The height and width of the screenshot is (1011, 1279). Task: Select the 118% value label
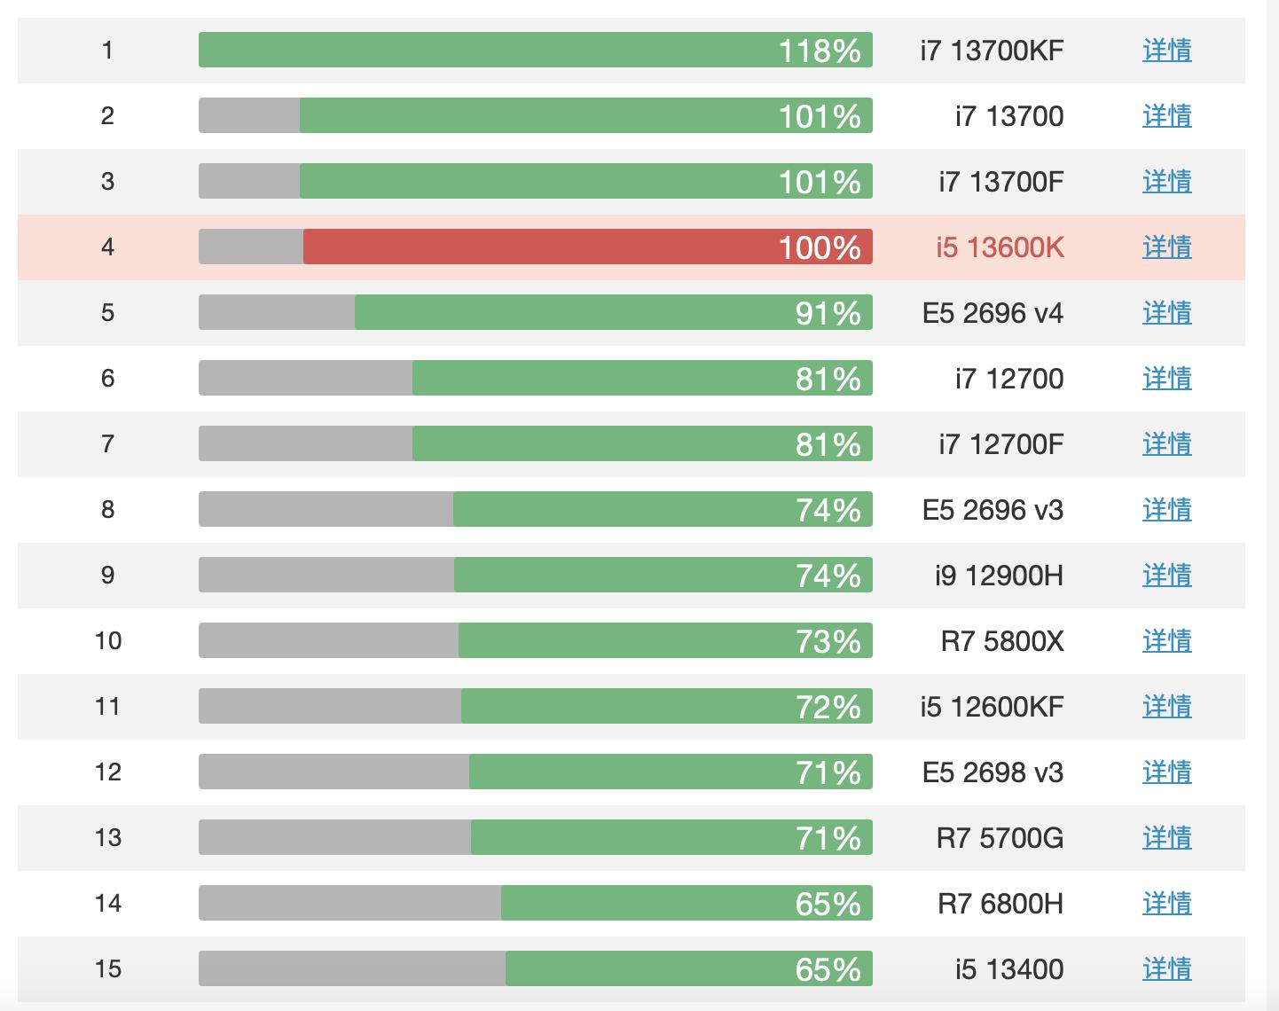pos(820,51)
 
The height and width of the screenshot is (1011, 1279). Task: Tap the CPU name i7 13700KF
pos(992,51)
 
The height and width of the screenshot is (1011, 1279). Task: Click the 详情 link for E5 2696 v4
pos(1166,313)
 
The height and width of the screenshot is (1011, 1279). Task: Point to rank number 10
pos(107,641)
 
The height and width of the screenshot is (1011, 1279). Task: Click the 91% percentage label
pos(828,313)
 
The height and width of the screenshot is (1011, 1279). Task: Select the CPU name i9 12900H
pos(999,576)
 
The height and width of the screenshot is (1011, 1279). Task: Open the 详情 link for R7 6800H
pos(1166,904)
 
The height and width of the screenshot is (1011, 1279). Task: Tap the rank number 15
pos(107,969)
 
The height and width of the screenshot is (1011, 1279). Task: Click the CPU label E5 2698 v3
pos(993,772)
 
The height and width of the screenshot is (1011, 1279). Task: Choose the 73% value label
pos(828,641)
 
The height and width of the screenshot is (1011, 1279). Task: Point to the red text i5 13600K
pos(1000,247)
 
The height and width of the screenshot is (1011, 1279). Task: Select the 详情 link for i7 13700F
pos(1166,182)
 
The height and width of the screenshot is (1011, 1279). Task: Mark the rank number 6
pos(107,379)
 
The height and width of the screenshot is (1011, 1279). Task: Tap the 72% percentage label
pos(828,707)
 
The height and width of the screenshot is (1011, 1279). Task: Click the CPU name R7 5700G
pos(1000,838)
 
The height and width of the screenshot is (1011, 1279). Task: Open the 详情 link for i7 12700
pos(1166,379)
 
